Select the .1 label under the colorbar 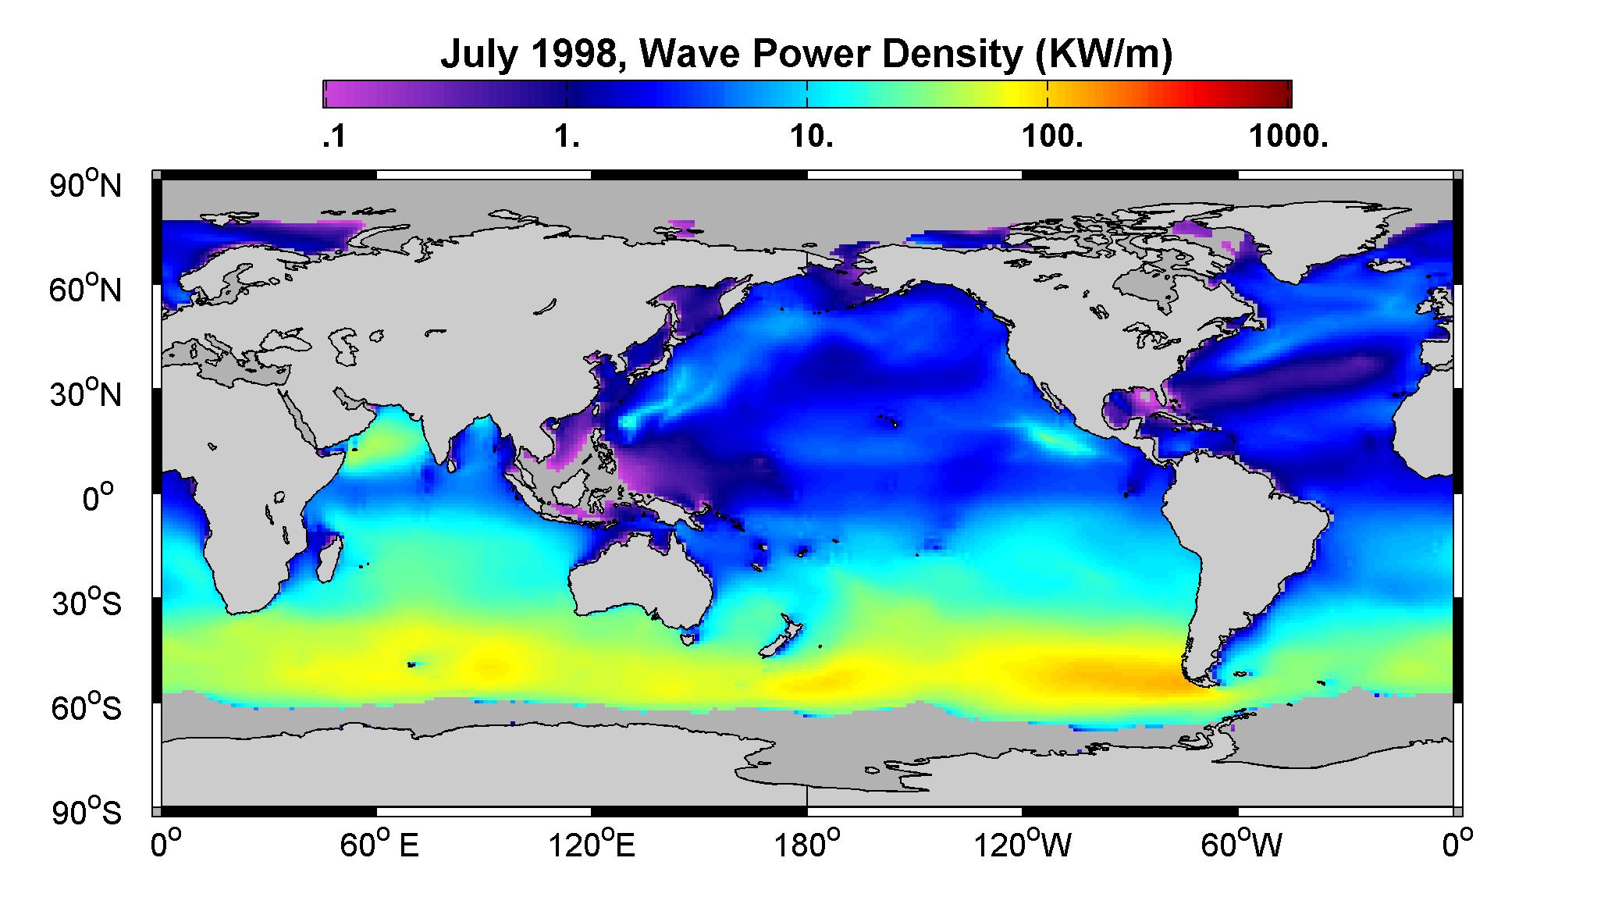pos(333,138)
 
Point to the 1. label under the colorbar pos(567,138)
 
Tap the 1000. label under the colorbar pos(1289,138)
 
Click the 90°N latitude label pos(86,185)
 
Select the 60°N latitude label pos(86,290)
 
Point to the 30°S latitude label pos(86,603)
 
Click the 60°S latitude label pos(86,708)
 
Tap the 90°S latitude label pos(86,813)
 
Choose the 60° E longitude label pos(379,846)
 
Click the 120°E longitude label pos(592,846)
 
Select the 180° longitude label pos(807,846)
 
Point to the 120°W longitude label pos(1023,846)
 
